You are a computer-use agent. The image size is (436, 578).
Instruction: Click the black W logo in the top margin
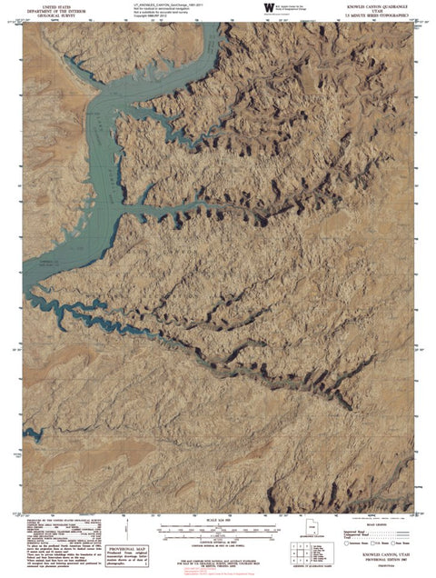click(x=268, y=7)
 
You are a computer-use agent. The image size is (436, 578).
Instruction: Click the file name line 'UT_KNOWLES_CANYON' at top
click(x=163, y=4)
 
